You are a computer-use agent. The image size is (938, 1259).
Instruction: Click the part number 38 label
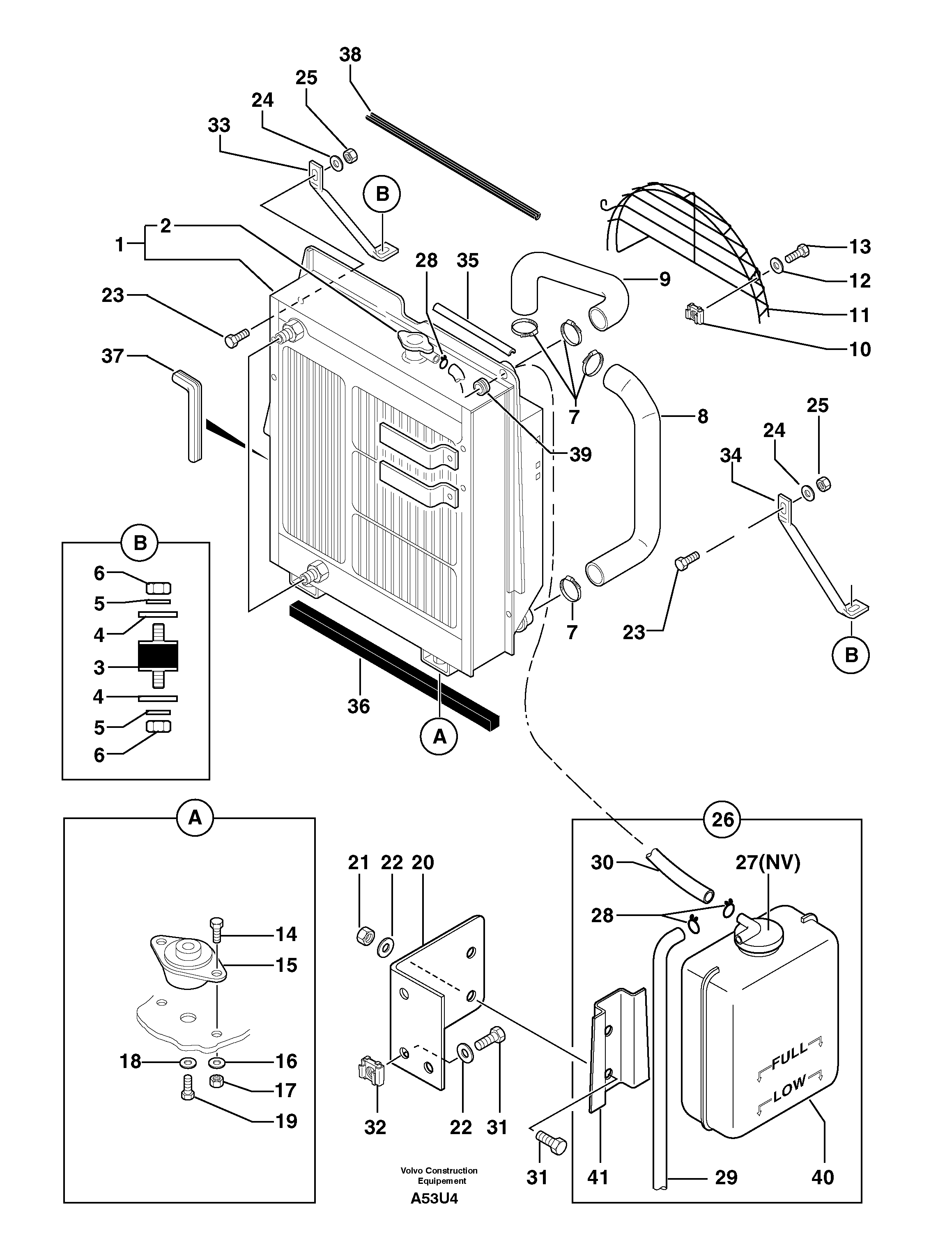click(x=350, y=55)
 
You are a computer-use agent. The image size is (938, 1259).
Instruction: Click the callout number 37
click(x=113, y=356)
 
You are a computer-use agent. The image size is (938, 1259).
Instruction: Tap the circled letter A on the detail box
click(x=194, y=818)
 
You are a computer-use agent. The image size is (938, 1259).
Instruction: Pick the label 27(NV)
click(x=768, y=863)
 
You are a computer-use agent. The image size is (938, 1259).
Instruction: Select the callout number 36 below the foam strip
click(x=358, y=707)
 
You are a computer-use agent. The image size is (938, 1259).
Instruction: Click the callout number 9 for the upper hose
click(x=664, y=279)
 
